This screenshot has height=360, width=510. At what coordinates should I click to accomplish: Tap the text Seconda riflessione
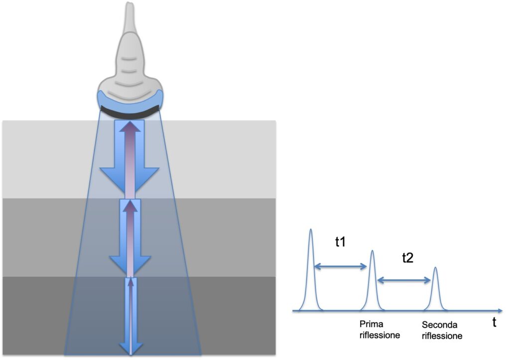441,330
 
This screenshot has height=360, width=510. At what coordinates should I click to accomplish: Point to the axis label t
494,323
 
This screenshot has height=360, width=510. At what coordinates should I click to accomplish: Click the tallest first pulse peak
311,231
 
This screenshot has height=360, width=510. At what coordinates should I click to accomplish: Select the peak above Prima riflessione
372,252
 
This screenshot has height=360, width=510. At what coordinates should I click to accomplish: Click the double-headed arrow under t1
341,267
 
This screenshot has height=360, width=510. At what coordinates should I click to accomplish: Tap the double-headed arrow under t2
403,281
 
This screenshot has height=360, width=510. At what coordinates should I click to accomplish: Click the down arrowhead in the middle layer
129,263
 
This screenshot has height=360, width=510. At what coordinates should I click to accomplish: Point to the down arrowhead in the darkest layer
130,348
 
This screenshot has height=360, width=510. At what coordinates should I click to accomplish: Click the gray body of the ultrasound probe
129,60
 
